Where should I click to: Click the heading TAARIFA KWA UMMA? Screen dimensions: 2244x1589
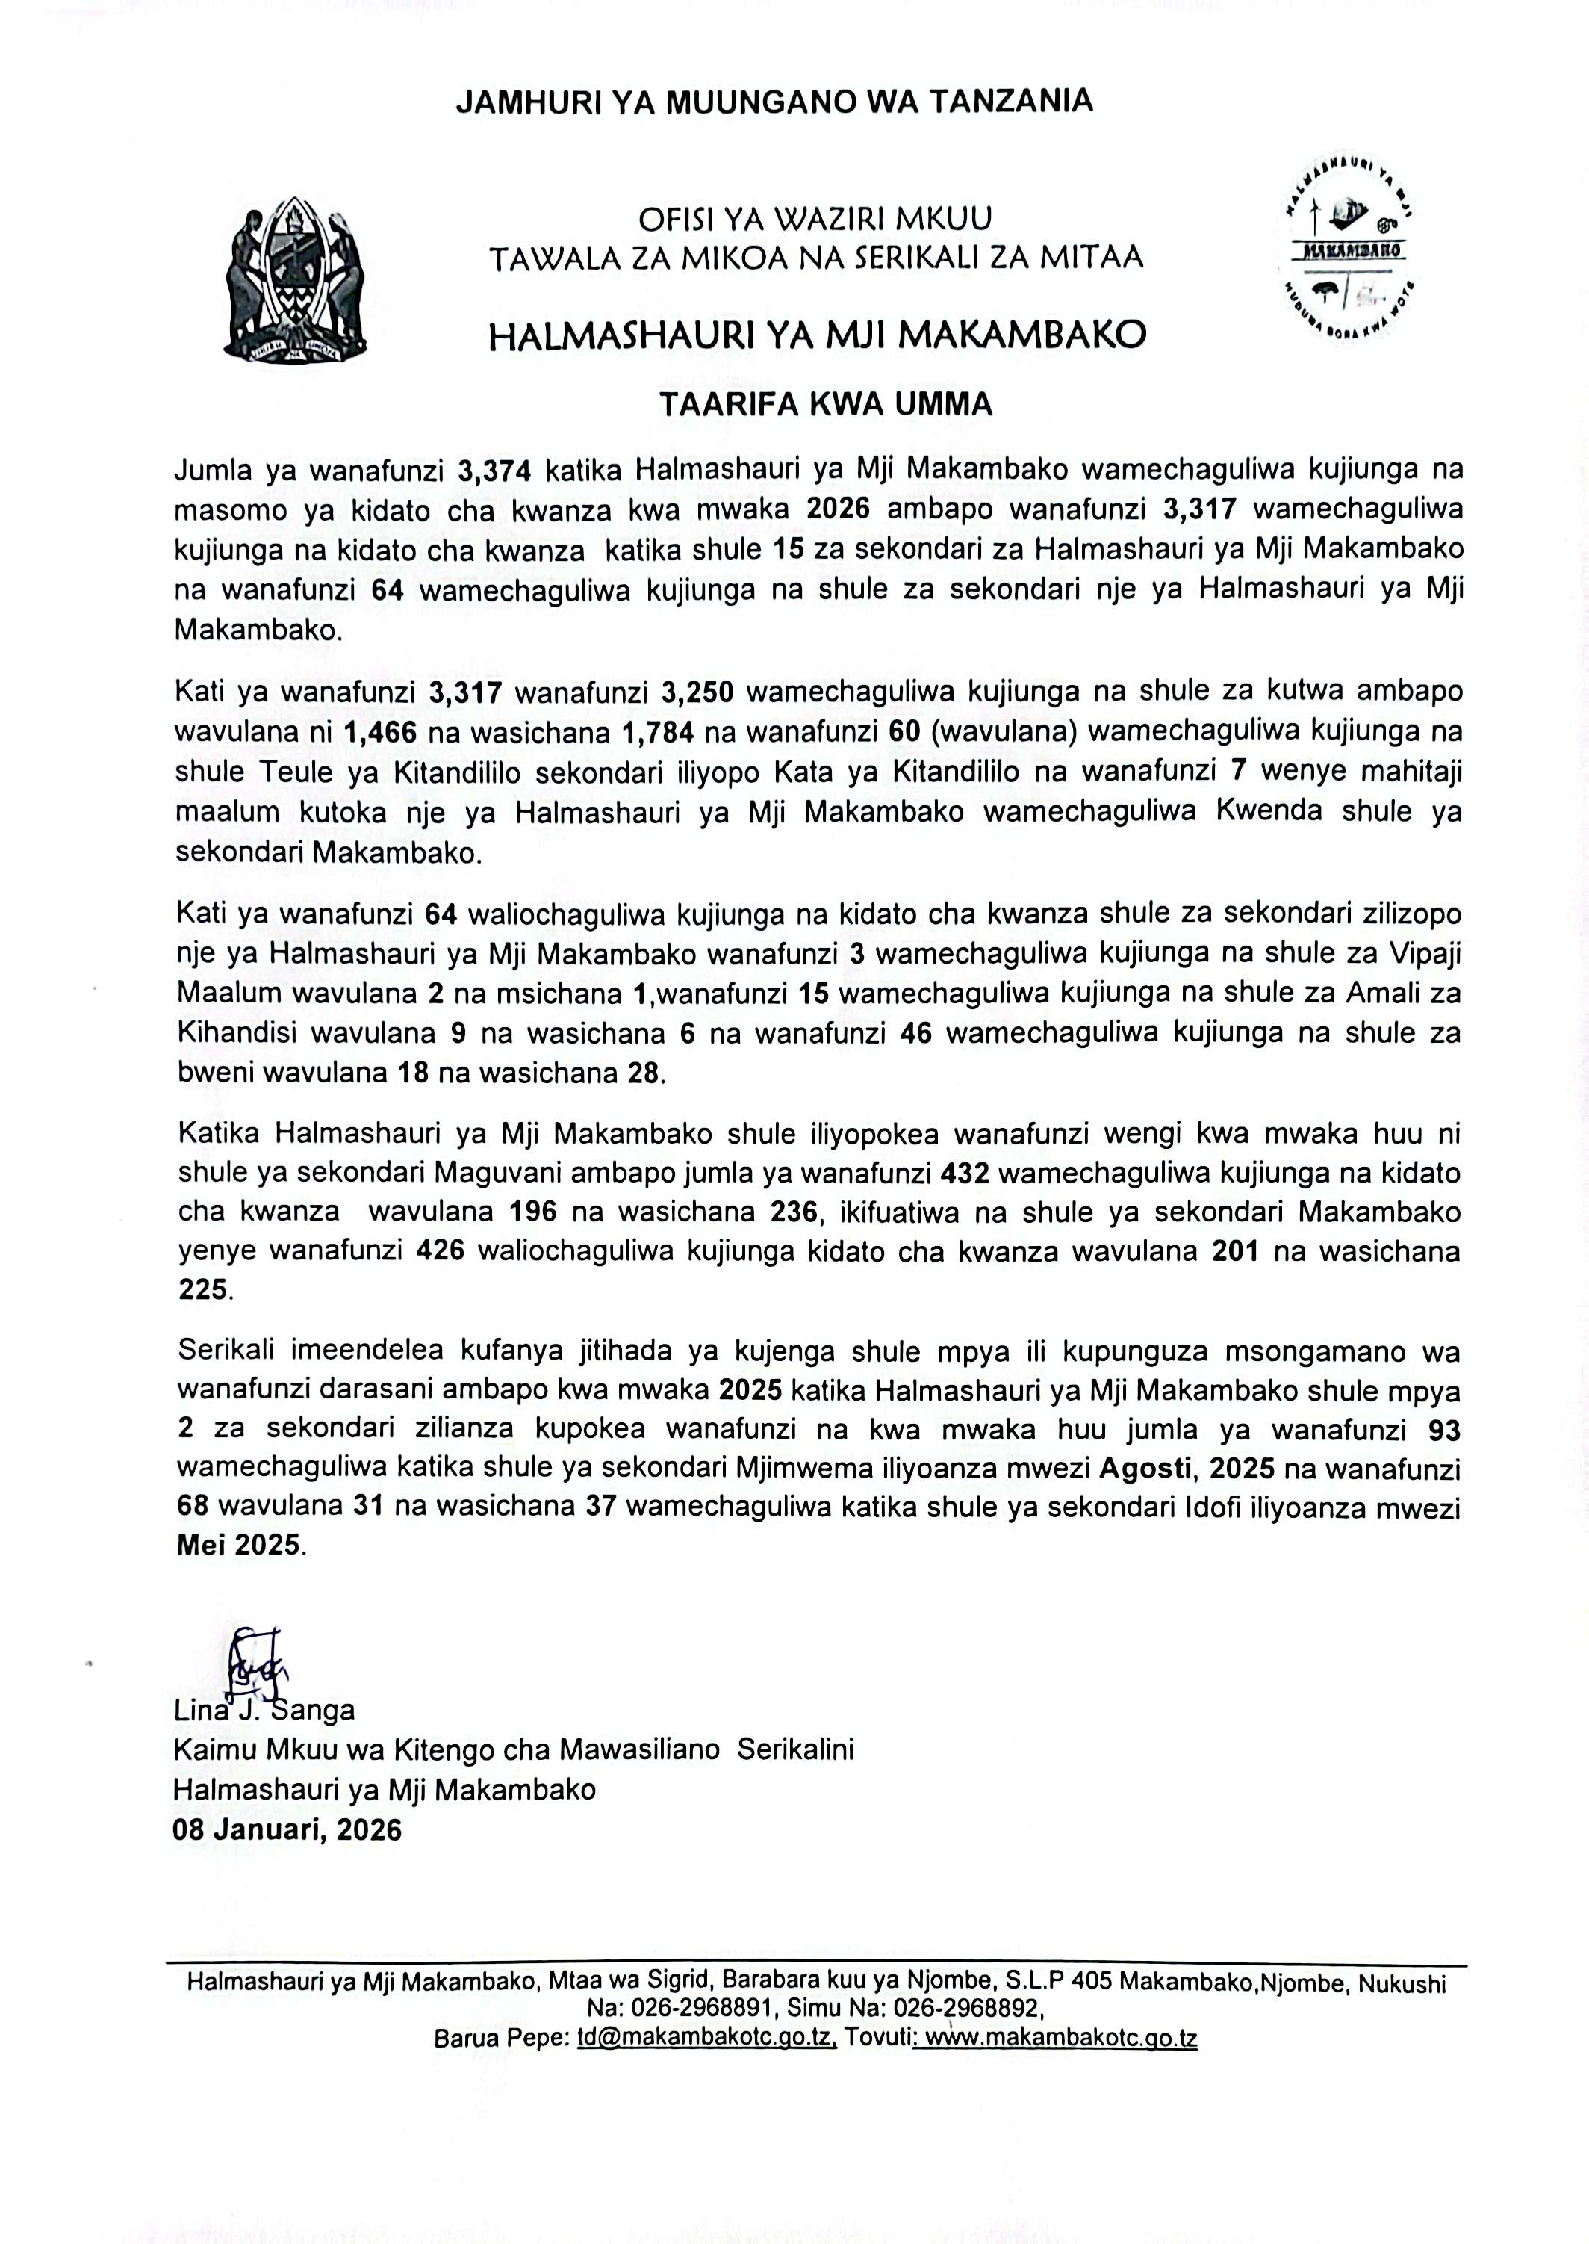tap(826, 404)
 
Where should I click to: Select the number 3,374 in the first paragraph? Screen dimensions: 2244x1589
tap(494, 471)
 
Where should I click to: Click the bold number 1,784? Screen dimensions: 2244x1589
tap(659, 732)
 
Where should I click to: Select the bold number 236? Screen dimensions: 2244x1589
tap(792, 1212)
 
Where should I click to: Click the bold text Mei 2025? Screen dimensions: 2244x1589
tap(240, 1546)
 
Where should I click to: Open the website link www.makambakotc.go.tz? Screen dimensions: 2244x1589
tap(1062, 2039)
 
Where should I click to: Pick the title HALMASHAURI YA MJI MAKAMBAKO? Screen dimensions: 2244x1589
tap(817, 335)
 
